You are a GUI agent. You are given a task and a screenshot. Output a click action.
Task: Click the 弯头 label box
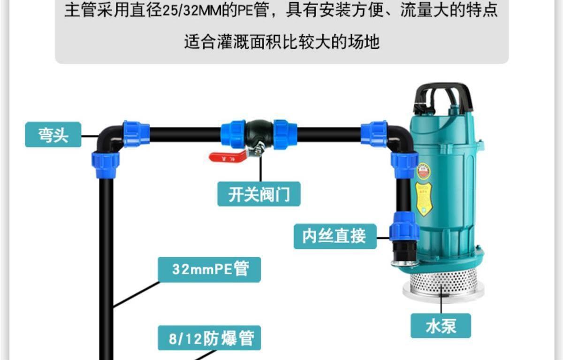coord(53,135)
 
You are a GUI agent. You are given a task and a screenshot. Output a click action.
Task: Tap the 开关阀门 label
coord(259,193)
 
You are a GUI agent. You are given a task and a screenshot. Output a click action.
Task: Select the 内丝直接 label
coord(335,236)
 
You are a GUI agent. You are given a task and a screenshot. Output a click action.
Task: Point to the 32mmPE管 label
coord(209,269)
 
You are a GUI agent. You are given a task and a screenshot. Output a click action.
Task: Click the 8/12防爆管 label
coord(209,337)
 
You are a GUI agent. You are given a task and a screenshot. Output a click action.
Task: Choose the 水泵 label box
coord(441,325)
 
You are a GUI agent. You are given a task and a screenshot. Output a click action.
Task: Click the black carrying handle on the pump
coord(441,93)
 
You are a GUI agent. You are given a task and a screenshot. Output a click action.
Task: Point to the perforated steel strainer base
coord(443,282)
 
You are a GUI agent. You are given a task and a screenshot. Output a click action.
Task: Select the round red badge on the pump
coord(423,171)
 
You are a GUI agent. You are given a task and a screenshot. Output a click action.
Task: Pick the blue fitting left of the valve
coord(233,134)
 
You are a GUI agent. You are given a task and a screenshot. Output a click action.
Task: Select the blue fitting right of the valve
coord(285,134)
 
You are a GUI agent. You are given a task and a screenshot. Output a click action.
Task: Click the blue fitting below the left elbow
coord(106,165)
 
